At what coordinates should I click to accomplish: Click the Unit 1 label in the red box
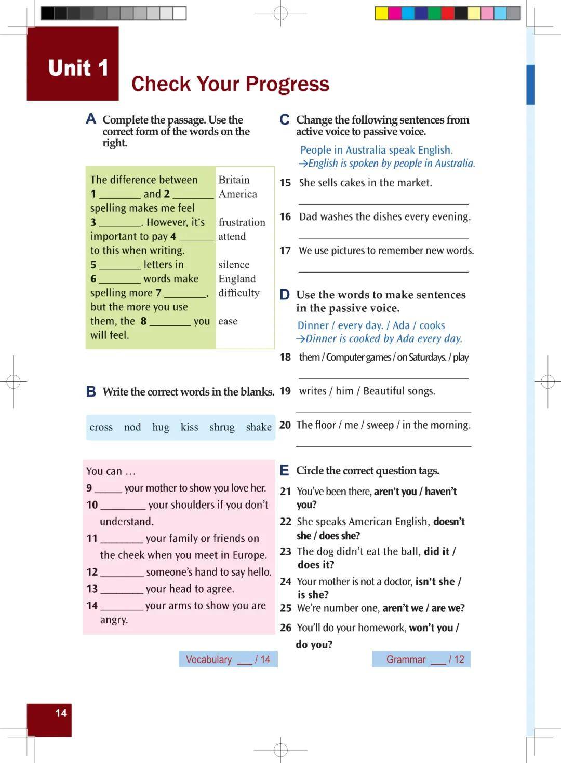(x=78, y=68)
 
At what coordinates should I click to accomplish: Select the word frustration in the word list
(x=242, y=222)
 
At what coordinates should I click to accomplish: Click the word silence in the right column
(x=234, y=265)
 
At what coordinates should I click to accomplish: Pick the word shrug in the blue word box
(x=222, y=427)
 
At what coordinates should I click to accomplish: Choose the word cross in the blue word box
(x=101, y=427)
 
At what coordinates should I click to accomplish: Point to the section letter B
(x=91, y=392)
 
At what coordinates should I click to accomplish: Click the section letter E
(x=284, y=471)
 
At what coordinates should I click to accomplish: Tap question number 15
(x=285, y=183)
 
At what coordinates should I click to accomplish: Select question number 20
(x=285, y=425)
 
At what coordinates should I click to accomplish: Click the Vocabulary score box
(x=228, y=660)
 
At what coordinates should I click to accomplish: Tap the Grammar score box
(x=421, y=660)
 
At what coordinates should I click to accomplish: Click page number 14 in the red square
(x=61, y=713)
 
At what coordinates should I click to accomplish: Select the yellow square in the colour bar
(x=382, y=13)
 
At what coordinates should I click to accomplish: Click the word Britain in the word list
(x=234, y=180)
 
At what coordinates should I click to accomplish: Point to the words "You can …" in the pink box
(x=111, y=471)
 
